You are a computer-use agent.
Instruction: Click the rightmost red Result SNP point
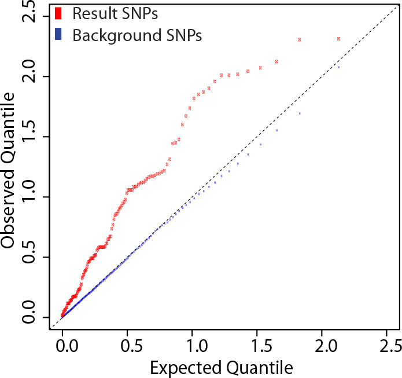(x=338, y=39)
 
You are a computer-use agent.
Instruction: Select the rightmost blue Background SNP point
(x=338, y=67)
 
